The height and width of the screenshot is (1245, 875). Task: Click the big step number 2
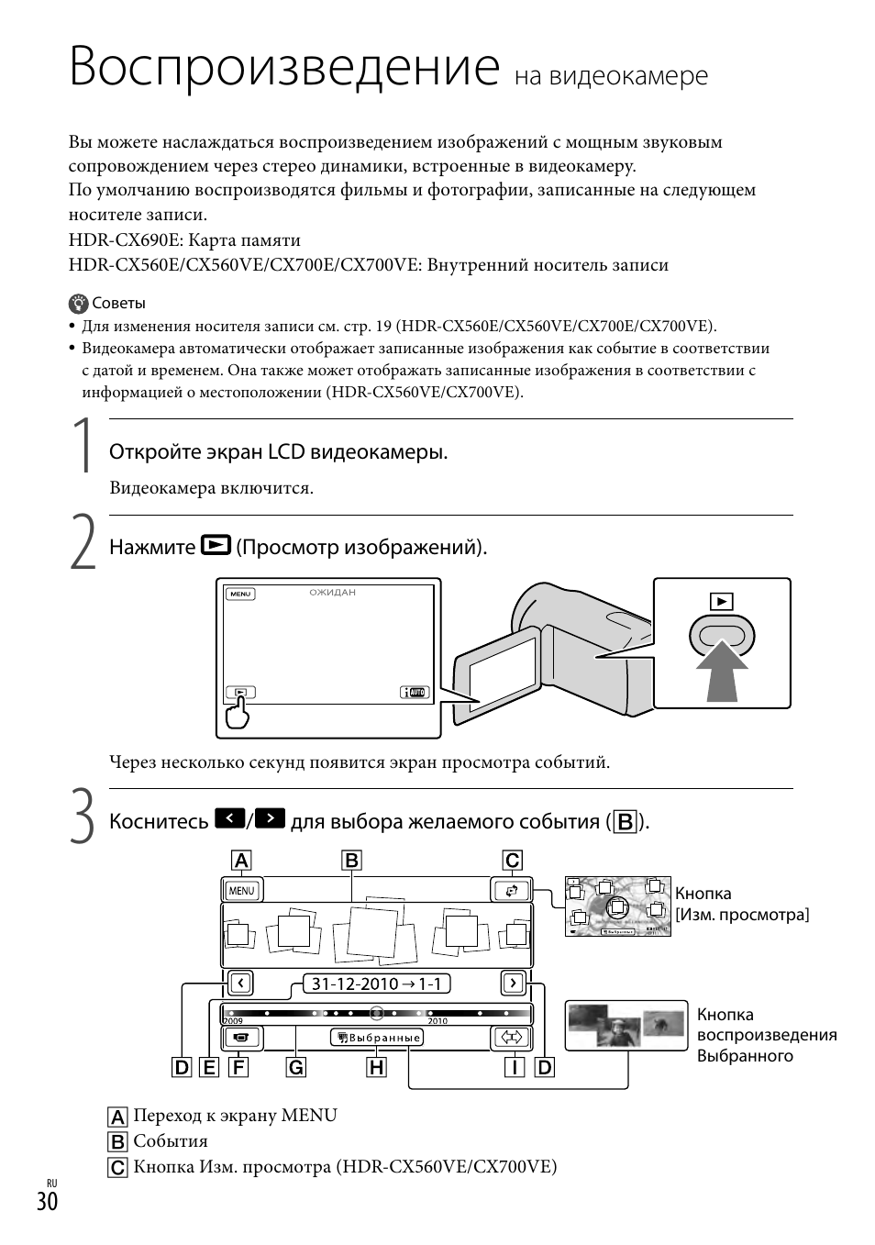click(x=83, y=543)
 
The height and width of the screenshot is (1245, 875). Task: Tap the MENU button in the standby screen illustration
click(x=240, y=594)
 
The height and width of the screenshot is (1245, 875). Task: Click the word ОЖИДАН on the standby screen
click(x=332, y=593)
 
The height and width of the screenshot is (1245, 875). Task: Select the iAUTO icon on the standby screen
click(x=415, y=694)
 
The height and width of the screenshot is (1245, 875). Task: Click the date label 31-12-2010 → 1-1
click(x=376, y=984)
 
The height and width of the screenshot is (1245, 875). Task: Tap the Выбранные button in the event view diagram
click(x=377, y=1038)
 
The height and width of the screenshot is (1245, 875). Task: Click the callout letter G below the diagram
click(x=295, y=1067)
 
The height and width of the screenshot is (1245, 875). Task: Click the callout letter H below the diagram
click(x=376, y=1067)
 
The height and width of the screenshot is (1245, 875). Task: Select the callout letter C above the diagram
click(x=512, y=860)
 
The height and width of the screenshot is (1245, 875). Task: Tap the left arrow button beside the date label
click(x=239, y=984)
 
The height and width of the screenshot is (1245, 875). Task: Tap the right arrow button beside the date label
click(x=513, y=984)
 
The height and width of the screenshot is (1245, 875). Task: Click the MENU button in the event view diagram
click(x=241, y=890)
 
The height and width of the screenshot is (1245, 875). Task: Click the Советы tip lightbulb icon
click(x=79, y=304)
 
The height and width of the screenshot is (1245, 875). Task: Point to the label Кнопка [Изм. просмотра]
click(x=741, y=904)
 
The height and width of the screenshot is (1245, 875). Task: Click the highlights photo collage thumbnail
click(x=626, y=1025)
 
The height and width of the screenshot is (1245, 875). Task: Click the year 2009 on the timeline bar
click(x=231, y=1020)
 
